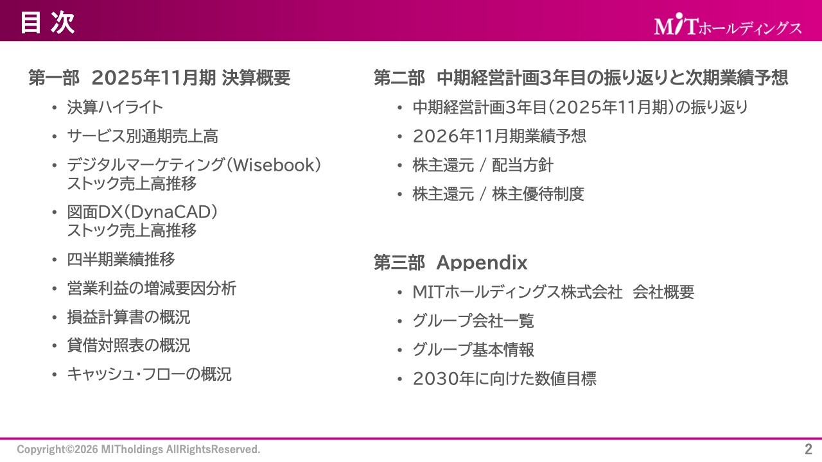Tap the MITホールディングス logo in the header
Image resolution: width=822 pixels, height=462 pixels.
click(x=728, y=27)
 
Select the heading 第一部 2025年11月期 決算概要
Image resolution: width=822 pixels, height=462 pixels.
click(x=159, y=78)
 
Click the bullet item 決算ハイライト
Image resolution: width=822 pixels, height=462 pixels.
click(x=115, y=108)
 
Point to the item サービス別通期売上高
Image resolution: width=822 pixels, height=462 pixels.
click(x=143, y=136)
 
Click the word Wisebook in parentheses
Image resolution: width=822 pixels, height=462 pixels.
click(x=274, y=166)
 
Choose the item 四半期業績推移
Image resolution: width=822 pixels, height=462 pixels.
click(x=121, y=260)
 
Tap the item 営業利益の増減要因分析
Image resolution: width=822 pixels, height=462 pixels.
click(x=152, y=289)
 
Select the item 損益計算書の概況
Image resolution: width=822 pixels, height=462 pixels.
click(x=128, y=317)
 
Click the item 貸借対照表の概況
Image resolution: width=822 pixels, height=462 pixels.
click(x=128, y=346)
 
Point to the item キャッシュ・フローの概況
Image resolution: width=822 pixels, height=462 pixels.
click(x=149, y=374)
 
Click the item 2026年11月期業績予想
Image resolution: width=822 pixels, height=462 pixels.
click(x=499, y=136)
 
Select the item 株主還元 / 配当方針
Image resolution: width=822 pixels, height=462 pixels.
click(x=482, y=166)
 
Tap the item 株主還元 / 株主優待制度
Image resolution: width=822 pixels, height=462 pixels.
click(x=498, y=194)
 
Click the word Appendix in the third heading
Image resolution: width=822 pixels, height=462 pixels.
click(x=482, y=263)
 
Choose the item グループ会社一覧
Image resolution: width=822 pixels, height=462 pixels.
click(x=473, y=321)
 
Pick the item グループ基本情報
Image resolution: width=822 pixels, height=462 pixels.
click(x=473, y=350)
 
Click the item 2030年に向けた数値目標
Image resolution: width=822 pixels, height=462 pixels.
click(x=504, y=379)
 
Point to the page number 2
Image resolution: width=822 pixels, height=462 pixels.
click(x=808, y=449)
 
